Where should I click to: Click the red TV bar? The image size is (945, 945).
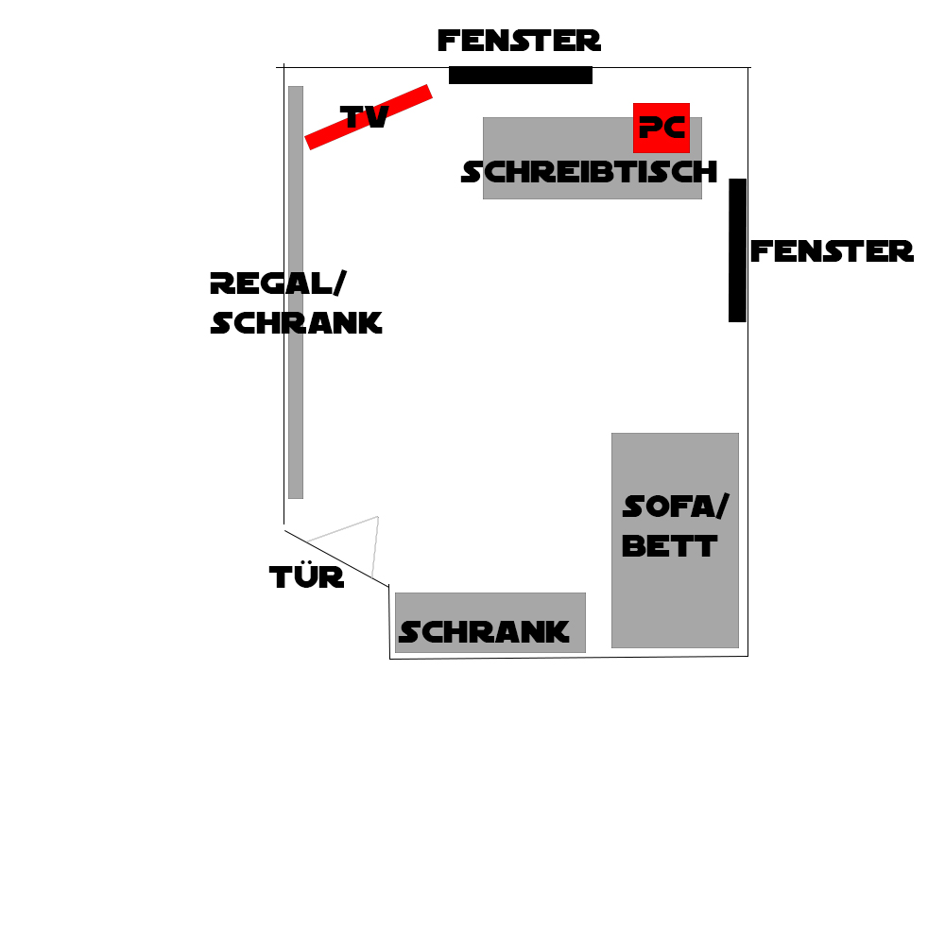click(369, 117)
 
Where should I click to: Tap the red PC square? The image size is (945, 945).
click(661, 128)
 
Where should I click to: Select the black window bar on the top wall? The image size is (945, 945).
click(521, 76)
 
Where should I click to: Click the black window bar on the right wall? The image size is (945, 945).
click(738, 250)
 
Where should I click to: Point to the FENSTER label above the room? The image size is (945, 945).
click(519, 41)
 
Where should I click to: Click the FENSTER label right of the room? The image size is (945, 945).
click(832, 251)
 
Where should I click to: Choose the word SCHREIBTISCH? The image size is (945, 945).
click(590, 172)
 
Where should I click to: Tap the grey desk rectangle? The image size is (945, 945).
click(593, 158)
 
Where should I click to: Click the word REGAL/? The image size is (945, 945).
click(279, 283)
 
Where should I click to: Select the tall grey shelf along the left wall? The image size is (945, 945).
click(295, 292)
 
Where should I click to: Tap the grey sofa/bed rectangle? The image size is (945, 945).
click(675, 541)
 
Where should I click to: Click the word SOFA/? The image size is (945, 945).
click(676, 507)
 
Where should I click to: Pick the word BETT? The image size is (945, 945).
click(670, 546)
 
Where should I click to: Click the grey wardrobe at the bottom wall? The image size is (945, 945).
click(490, 623)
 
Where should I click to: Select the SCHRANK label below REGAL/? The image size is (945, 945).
click(296, 323)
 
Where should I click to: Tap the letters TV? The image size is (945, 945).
click(365, 117)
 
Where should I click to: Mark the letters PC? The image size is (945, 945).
click(661, 128)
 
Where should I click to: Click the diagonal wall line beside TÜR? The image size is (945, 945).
click(336, 558)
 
